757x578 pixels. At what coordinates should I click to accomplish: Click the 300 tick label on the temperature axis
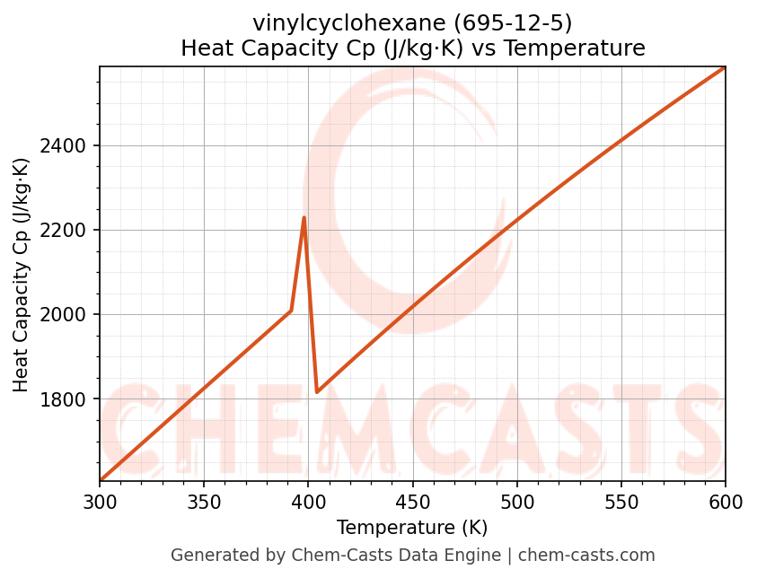100,503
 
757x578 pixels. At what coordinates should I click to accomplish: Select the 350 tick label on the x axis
204,503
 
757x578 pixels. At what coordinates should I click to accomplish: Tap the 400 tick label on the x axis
308,503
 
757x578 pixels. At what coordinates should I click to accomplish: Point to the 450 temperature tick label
412,503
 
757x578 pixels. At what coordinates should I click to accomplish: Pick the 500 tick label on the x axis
516,503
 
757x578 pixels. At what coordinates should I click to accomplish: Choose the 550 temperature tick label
621,503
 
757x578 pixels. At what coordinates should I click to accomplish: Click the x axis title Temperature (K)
412,528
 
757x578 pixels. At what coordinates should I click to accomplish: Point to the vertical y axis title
22,275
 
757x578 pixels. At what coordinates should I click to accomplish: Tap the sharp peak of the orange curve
304,217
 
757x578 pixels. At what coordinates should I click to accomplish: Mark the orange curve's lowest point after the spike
317,392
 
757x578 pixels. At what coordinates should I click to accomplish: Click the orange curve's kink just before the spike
291,311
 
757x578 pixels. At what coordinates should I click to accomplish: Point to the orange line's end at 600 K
725,67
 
